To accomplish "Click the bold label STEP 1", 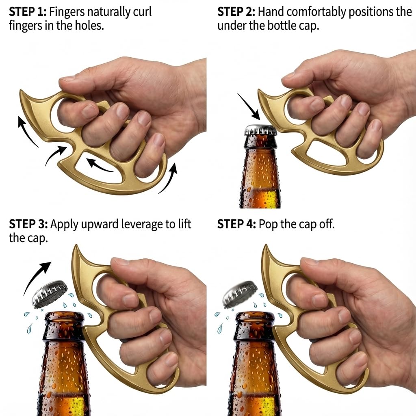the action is (x=28, y=12).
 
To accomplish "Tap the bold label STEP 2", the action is (x=236, y=12).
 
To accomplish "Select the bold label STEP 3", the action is (x=28, y=224).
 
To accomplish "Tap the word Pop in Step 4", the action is (x=268, y=225).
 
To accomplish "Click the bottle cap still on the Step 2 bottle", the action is (x=260, y=130).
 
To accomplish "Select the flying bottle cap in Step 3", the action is (x=49, y=294).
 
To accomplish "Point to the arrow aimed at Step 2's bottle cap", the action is (x=249, y=106).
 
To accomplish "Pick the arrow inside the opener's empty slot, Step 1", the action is (x=100, y=166).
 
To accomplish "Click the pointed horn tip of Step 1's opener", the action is (x=21, y=91).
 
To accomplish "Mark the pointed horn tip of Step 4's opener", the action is (x=266, y=245).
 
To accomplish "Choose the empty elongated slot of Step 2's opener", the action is (x=326, y=151).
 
